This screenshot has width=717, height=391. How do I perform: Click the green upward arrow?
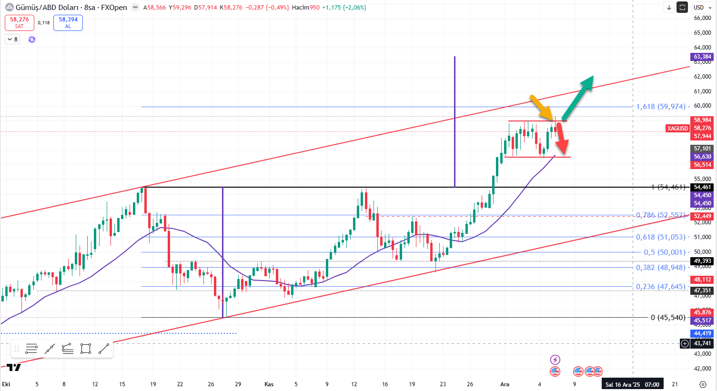[578, 97]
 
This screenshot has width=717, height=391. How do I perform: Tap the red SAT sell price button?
[20, 22]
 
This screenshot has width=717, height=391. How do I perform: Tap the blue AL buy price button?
[68, 22]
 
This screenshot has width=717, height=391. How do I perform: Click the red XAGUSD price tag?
[677, 128]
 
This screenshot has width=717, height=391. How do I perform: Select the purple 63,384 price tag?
[702, 57]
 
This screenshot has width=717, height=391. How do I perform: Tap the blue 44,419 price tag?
[702, 333]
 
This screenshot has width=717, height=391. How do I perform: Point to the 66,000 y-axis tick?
[702, 18]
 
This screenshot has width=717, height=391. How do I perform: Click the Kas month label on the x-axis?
[269, 384]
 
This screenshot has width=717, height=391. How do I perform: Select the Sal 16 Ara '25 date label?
[632, 384]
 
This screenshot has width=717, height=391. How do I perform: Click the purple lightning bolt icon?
[555, 360]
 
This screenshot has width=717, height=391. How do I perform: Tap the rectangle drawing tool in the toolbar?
[86, 349]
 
